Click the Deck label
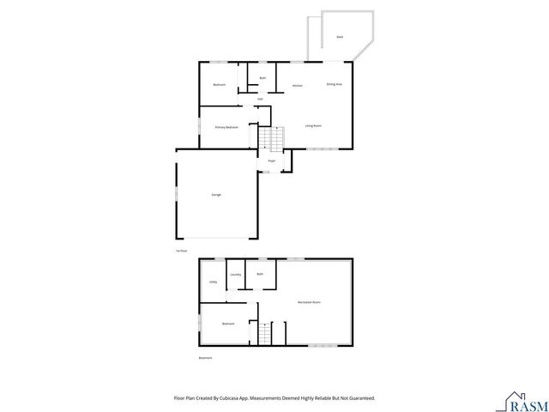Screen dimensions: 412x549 click(340, 37)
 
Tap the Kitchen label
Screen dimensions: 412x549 click(297, 86)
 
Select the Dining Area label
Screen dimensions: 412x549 click(335, 84)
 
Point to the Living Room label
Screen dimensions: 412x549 click(313, 126)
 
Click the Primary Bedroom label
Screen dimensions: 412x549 click(226, 127)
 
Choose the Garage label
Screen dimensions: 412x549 click(216, 195)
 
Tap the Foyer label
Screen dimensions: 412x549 click(271, 161)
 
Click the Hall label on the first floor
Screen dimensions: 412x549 click(260, 99)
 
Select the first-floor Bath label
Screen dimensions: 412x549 click(262, 78)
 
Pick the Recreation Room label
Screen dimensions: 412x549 click(309, 302)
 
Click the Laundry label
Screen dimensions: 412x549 click(235, 275)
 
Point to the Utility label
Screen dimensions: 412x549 click(212, 282)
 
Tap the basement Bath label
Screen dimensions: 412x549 click(260, 274)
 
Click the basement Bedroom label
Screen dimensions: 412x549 click(228, 324)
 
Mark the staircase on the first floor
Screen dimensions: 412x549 click(272, 138)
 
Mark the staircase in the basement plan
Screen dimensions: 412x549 click(265, 333)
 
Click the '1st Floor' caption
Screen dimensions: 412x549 click(180, 251)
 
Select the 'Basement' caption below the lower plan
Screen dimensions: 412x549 click(205, 358)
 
